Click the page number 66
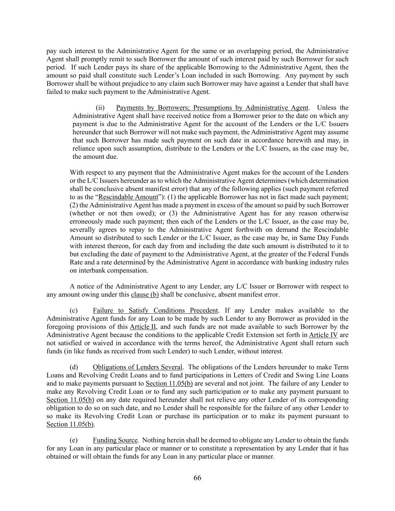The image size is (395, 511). [x=197, y=478]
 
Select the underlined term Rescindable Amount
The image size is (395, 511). [x=128, y=197]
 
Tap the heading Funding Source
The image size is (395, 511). [x=115, y=440]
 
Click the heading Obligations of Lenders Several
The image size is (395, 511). [x=137, y=367]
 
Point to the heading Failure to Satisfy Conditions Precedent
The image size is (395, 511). [x=155, y=310]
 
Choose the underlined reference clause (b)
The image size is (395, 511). [x=145, y=294]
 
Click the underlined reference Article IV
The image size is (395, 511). [x=323, y=335]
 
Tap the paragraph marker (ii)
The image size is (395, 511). [x=100, y=108]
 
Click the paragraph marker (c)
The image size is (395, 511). [x=74, y=310]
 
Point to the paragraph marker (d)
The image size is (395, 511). [x=74, y=367]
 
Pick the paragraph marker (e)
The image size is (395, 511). [x=74, y=440]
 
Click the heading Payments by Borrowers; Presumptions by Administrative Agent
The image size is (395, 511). [x=212, y=108]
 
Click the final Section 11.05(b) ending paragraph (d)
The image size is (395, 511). [x=70, y=424]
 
